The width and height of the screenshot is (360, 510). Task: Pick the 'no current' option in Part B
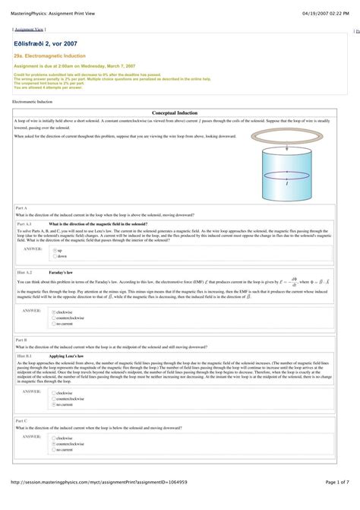click(54, 404)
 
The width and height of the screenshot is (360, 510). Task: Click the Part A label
click(21, 207)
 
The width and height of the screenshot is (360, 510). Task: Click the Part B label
click(21, 340)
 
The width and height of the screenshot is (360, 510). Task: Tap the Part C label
click(21, 420)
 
